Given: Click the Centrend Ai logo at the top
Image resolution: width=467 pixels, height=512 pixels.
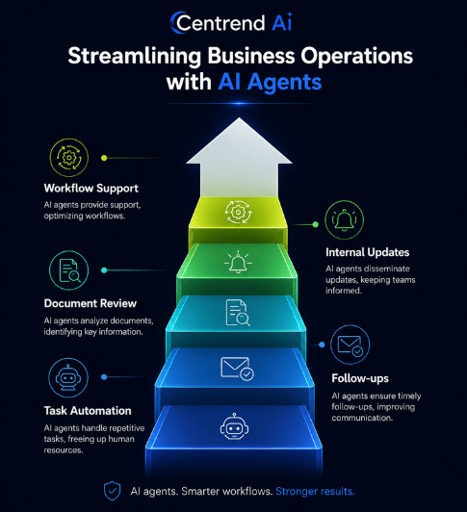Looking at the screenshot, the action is pyautogui.click(x=231, y=22).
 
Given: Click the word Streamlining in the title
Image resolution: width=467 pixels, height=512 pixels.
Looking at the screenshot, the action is pyautogui.click(x=135, y=56).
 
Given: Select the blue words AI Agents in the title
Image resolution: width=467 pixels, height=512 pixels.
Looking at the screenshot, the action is pyautogui.click(x=270, y=82).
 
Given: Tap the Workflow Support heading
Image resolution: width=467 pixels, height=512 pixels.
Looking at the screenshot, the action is pyautogui.click(x=91, y=189).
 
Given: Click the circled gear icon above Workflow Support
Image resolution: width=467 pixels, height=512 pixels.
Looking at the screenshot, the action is pyautogui.click(x=69, y=158).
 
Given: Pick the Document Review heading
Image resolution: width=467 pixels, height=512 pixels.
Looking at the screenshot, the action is pyautogui.click(x=91, y=303).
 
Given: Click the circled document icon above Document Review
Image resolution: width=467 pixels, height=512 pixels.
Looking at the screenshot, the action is pyautogui.click(x=69, y=270).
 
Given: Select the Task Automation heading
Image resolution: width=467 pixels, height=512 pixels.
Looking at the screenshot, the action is pyautogui.click(x=88, y=410).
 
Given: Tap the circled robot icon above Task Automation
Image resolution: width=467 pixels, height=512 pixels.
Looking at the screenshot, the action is pyautogui.click(x=68, y=377).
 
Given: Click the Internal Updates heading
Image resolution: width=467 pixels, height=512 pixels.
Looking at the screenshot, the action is pyautogui.click(x=367, y=252).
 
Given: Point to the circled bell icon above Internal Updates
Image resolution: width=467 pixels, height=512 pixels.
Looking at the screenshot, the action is pyautogui.click(x=344, y=219).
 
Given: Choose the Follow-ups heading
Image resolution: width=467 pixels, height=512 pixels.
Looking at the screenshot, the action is pyautogui.click(x=360, y=378).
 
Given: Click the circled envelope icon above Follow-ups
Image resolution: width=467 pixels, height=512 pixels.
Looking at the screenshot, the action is pyautogui.click(x=350, y=345).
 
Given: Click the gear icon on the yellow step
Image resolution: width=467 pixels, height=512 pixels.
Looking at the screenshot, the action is pyautogui.click(x=238, y=213).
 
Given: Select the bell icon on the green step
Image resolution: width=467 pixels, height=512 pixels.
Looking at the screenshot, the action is pyautogui.click(x=238, y=262).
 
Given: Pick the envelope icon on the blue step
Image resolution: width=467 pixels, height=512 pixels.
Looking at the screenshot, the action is pyautogui.click(x=237, y=369).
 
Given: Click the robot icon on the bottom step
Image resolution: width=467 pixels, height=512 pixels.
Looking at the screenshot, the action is pyautogui.click(x=234, y=426).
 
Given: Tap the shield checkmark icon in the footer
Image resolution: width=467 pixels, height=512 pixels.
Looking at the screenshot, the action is pyautogui.click(x=112, y=491).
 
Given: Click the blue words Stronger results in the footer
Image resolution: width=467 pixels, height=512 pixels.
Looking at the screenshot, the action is pyautogui.click(x=315, y=491).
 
